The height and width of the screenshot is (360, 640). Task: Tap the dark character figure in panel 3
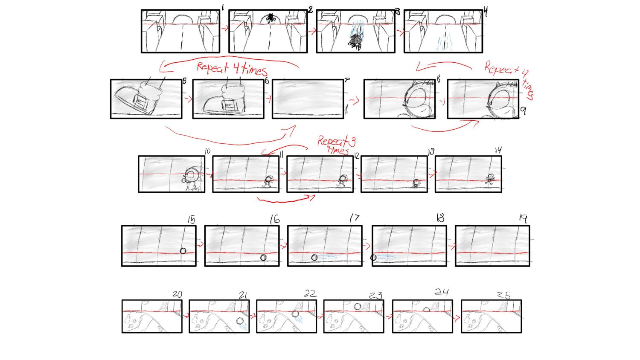point(355,41)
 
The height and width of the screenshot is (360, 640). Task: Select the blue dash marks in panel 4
point(444,44)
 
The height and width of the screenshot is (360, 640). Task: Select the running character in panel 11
point(268,181)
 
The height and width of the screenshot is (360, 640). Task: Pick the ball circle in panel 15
point(183,251)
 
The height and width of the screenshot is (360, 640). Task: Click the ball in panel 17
point(314,257)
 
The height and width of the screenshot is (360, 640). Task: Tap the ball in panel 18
point(373,258)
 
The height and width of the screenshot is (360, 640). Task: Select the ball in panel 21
point(240,321)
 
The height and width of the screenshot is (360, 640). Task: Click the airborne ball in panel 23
point(357,306)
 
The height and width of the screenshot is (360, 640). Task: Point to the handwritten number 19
point(523,218)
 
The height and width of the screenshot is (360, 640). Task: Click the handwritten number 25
point(503,295)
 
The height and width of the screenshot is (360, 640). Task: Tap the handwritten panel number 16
point(274,219)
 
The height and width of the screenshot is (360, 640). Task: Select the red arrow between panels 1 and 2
point(224,29)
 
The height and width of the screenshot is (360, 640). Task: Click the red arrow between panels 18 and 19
point(451,246)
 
